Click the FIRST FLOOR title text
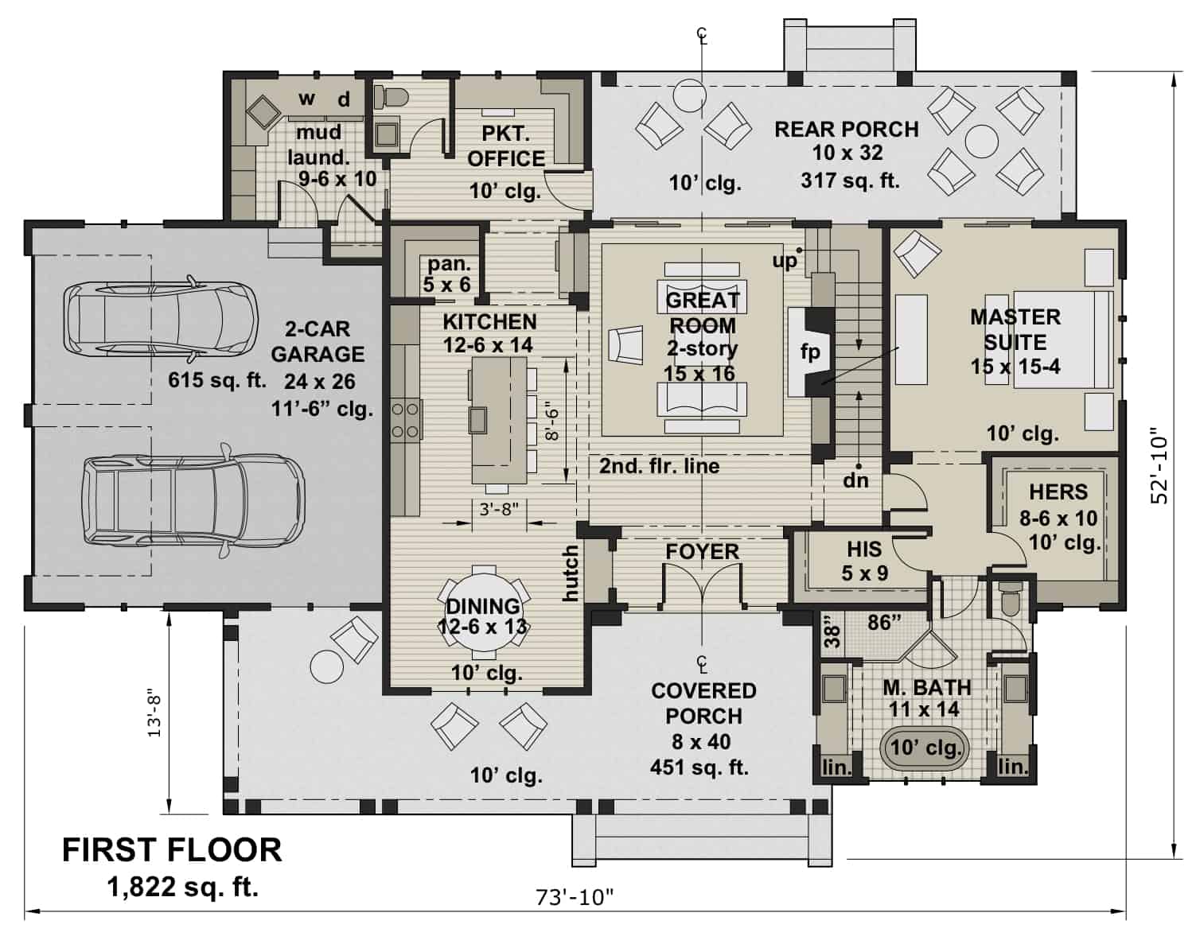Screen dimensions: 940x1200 pyautogui.click(x=172, y=849)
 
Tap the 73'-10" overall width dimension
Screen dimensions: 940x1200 pyautogui.click(x=575, y=898)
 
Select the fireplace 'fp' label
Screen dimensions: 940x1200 pyautogui.click(x=810, y=352)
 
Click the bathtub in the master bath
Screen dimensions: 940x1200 pyautogui.click(x=925, y=748)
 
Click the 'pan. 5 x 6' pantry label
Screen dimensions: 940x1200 pyautogui.click(x=449, y=274)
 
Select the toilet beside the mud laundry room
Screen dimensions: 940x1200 pyautogui.click(x=391, y=97)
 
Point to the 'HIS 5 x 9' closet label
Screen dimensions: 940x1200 pyautogui.click(x=864, y=560)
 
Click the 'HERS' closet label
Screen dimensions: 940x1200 pyautogui.click(x=1058, y=491)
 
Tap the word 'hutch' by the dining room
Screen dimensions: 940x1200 pyautogui.click(x=571, y=573)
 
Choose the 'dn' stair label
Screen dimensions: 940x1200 pyautogui.click(x=855, y=480)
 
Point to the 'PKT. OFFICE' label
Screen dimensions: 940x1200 pyautogui.click(x=506, y=146)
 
